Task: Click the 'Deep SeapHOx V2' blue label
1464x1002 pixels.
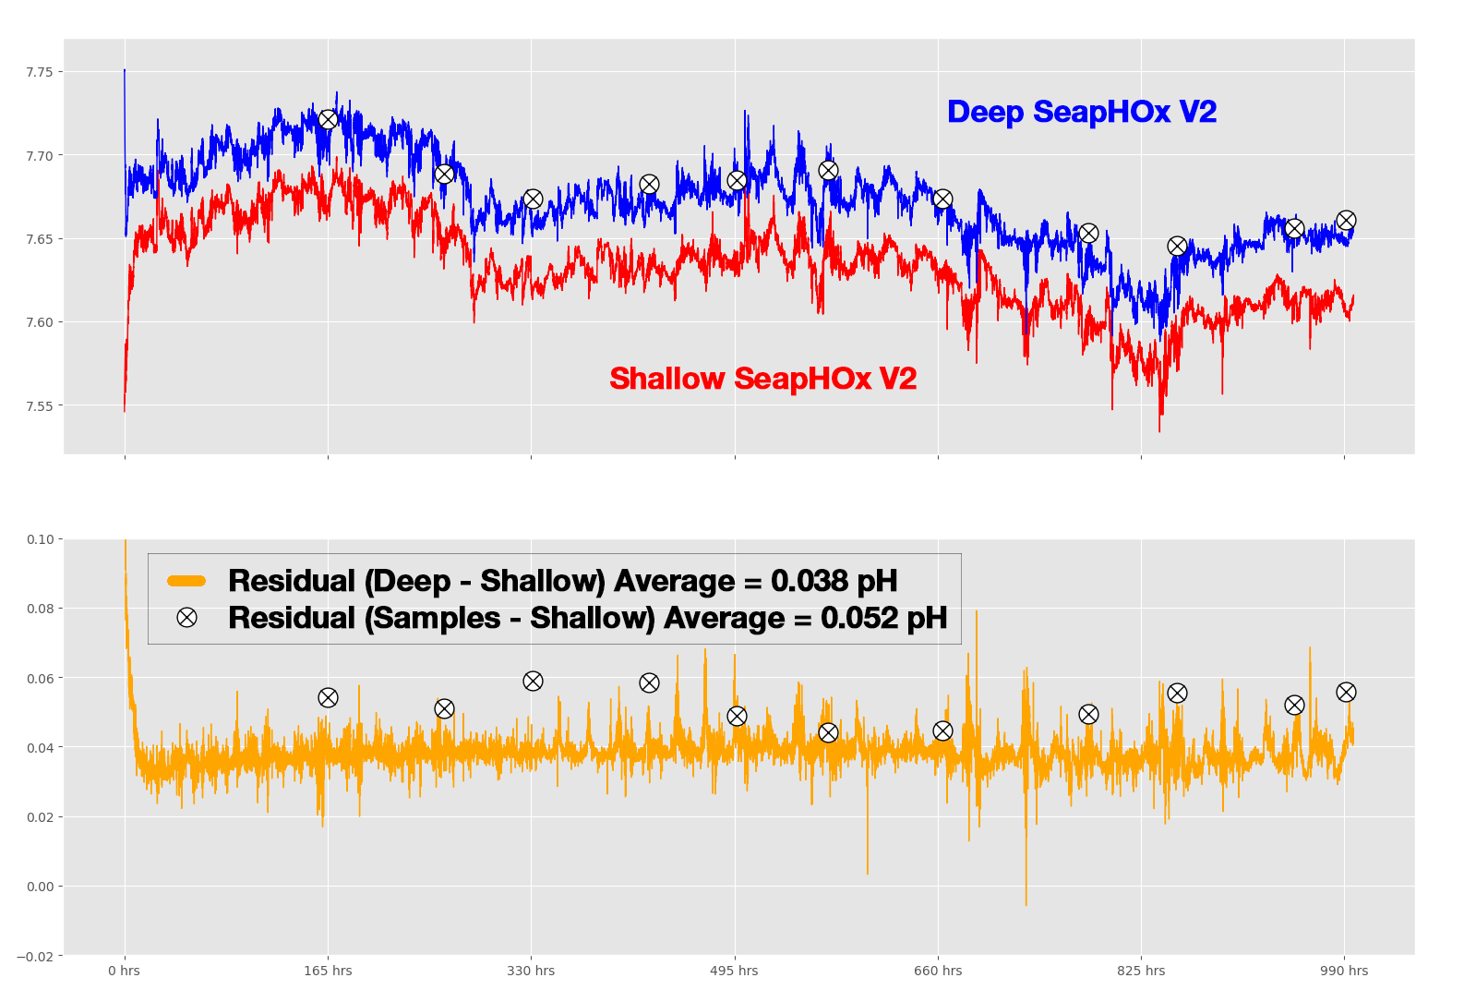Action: [1081, 112]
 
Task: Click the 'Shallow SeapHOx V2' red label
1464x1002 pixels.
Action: [762, 379]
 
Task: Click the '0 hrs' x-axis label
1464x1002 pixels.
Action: [125, 971]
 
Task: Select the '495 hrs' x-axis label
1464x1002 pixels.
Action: [735, 971]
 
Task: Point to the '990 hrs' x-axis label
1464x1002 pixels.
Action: [1344, 971]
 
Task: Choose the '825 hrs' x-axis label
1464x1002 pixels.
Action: [1141, 971]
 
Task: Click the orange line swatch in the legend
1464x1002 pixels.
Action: [186, 581]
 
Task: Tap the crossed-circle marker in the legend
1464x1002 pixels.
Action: [186, 618]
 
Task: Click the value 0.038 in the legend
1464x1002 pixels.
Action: [810, 581]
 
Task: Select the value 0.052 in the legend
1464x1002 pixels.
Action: [859, 618]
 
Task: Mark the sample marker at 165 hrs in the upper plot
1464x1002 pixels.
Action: [328, 120]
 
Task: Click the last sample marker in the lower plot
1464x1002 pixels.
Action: [1346, 693]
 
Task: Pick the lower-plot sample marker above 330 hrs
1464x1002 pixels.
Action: [533, 682]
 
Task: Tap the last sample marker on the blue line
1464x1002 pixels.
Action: [1346, 221]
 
